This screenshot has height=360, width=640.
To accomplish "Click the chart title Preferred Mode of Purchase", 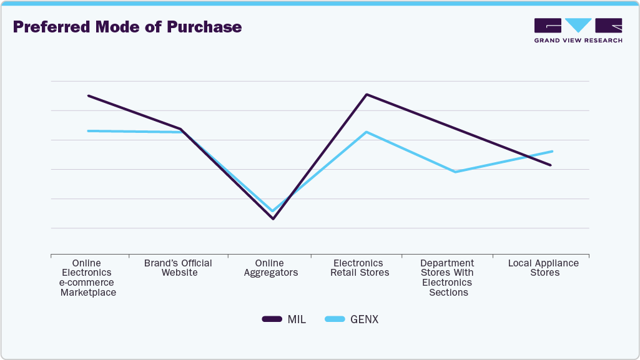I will [127, 27].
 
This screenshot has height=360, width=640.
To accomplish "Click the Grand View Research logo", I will [578, 30].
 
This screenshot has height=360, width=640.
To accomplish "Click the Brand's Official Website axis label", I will [179, 268].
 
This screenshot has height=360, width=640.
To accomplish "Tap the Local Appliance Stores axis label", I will [543, 268].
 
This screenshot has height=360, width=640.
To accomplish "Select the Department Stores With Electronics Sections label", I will [447, 278].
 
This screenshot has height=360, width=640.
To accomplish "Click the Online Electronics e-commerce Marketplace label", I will [87, 278].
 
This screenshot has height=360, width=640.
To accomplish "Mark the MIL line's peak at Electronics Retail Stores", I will [367, 94].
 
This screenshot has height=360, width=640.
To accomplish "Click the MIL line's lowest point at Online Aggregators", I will [272, 218].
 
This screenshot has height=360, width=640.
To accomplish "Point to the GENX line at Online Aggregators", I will [272, 211].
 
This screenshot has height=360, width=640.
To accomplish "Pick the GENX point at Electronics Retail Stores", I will [367, 132].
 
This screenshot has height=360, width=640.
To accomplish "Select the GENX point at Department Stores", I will [456, 172].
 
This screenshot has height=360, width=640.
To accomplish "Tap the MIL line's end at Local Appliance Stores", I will [551, 165].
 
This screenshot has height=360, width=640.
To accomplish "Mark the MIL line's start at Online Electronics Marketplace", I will [88, 95].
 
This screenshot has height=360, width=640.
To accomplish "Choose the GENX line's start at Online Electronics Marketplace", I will [88, 131].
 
